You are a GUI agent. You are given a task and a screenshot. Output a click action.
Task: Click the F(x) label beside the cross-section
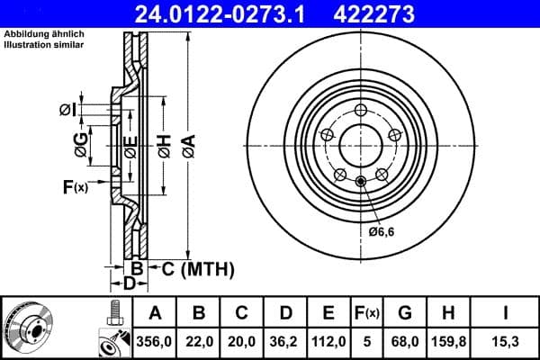75,187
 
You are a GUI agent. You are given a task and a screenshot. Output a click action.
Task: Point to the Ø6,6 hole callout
382,232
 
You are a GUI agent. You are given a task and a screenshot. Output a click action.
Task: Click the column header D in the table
285,312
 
